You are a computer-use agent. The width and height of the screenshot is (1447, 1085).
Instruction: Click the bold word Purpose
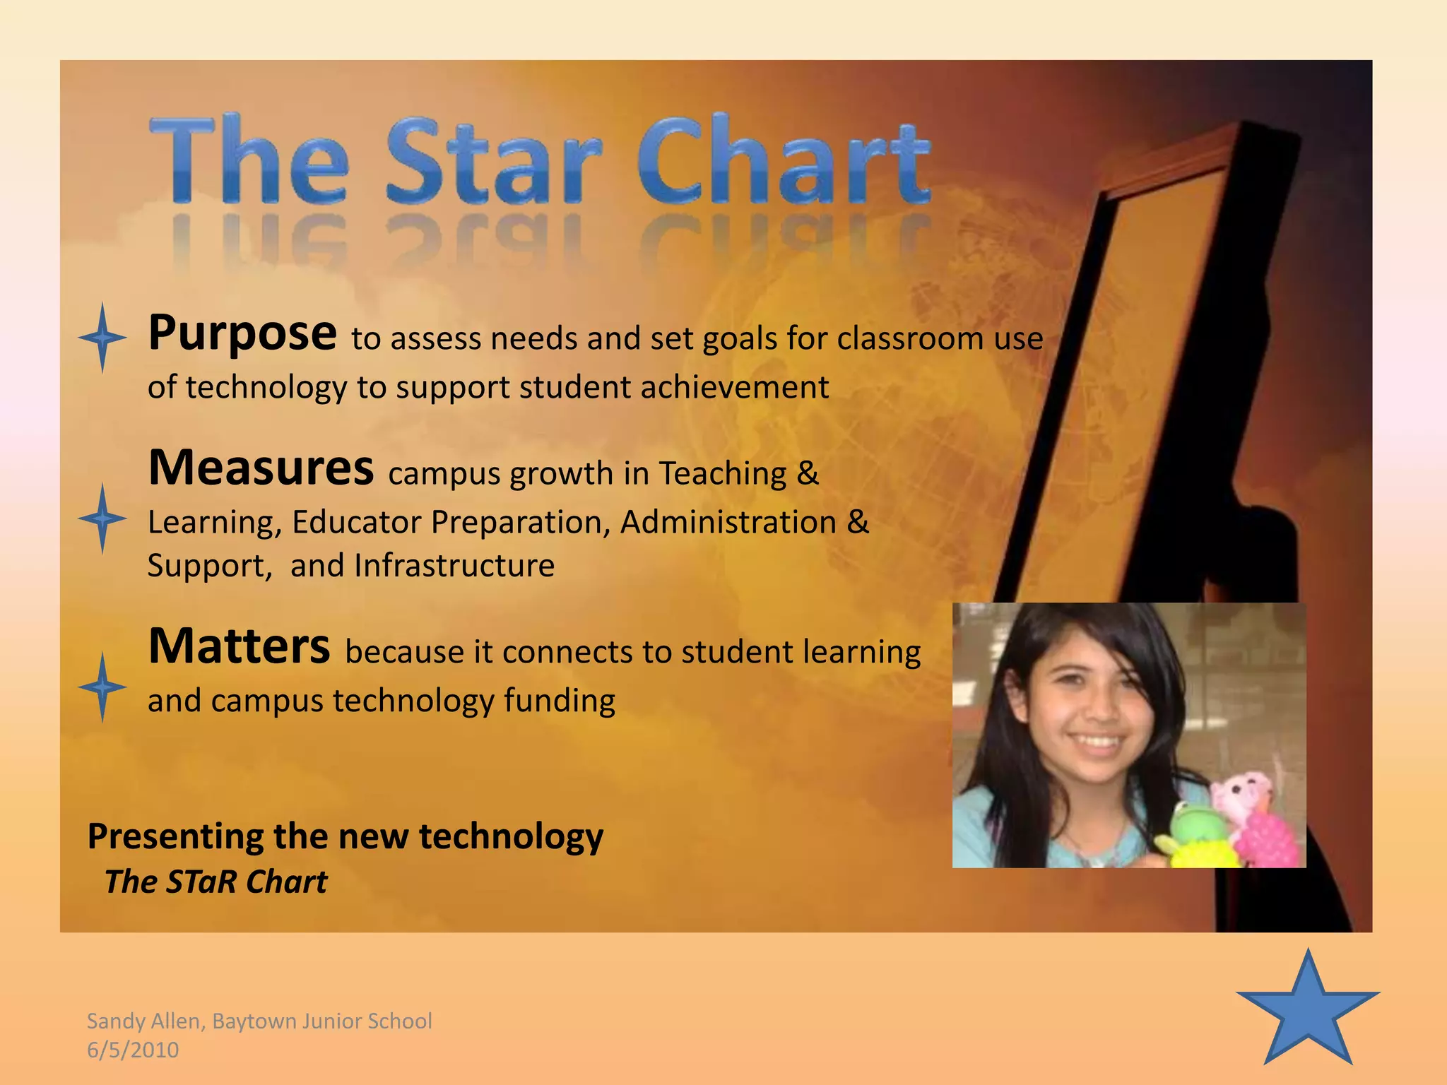pos(242,333)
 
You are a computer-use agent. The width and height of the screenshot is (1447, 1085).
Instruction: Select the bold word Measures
pos(261,468)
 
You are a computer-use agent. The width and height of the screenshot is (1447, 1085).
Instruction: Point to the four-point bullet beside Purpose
pos(102,338)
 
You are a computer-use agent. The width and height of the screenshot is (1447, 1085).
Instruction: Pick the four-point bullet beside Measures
pos(102,518)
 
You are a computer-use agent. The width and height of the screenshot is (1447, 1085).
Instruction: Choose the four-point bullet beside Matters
pos(102,687)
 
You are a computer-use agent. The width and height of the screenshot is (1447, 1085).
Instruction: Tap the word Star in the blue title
pos(493,161)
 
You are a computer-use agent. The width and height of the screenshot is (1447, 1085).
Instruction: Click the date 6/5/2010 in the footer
pos(133,1050)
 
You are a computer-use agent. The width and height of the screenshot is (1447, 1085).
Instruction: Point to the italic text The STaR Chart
pos(216,882)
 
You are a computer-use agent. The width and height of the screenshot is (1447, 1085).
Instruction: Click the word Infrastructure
pos(454,566)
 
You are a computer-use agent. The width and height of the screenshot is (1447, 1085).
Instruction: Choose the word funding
pos(559,701)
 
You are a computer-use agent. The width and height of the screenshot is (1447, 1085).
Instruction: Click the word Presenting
pos(175,837)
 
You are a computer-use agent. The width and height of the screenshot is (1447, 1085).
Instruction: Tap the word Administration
pos(728,523)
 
